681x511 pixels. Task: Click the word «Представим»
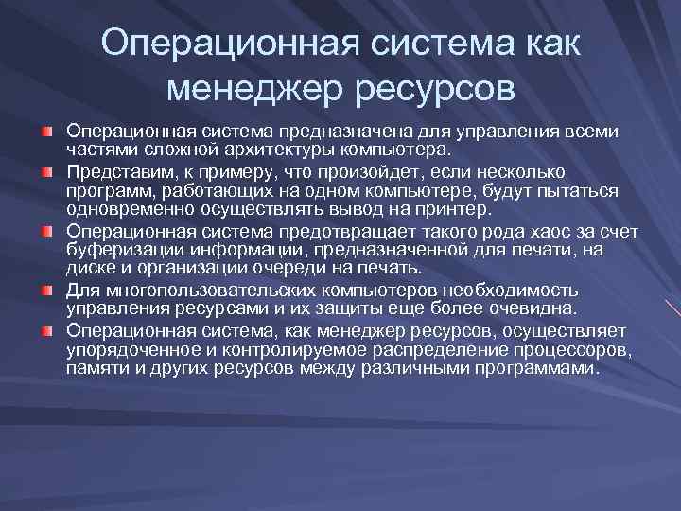click(x=113, y=171)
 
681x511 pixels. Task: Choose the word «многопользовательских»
click(x=195, y=291)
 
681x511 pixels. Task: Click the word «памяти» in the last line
click(x=93, y=369)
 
